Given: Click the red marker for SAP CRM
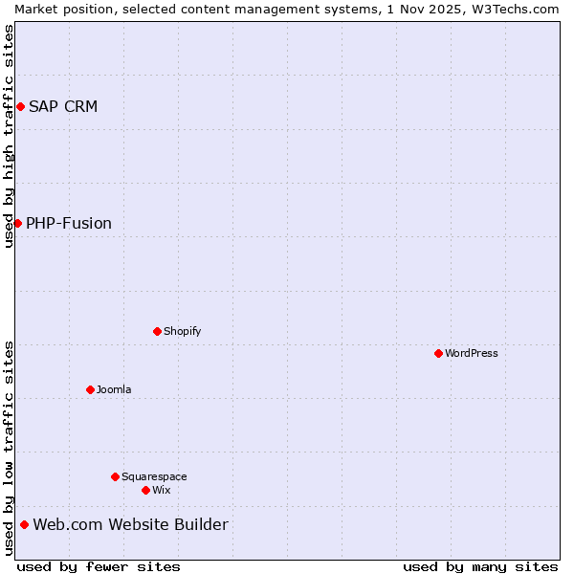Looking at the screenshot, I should [x=20, y=106].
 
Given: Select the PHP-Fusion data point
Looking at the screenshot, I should [x=17, y=223].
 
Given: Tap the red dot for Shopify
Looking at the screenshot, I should [x=157, y=331].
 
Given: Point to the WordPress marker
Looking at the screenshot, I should [x=438, y=353].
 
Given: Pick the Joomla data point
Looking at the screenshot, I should [x=90, y=389].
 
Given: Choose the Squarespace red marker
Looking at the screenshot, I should [x=115, y=476].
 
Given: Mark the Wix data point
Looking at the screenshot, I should [x=145, y=490].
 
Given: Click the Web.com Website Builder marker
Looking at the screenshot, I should [x=24, y=524].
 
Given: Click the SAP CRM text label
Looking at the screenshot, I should [x=63, y=106].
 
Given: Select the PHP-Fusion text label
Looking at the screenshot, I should [x=69, y=224].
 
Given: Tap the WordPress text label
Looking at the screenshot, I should [x=472, y=353].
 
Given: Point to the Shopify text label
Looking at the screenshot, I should [x=182, y=331].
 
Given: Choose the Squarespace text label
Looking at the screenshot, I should [x=154, y=476].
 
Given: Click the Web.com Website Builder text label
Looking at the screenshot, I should [x=131, y=524].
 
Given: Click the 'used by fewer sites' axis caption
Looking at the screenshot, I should [x=99, y=566].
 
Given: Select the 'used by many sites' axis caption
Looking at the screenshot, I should [x=480, y=566].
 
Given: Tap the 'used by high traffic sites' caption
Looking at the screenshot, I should [x=9, y=136].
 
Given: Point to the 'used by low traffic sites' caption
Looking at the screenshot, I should [x=9, y=448].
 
